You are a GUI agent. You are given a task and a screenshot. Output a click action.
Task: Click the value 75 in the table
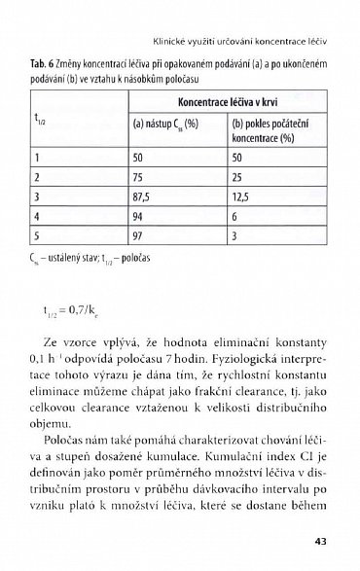pyautogui.click(x=140, y=178)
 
